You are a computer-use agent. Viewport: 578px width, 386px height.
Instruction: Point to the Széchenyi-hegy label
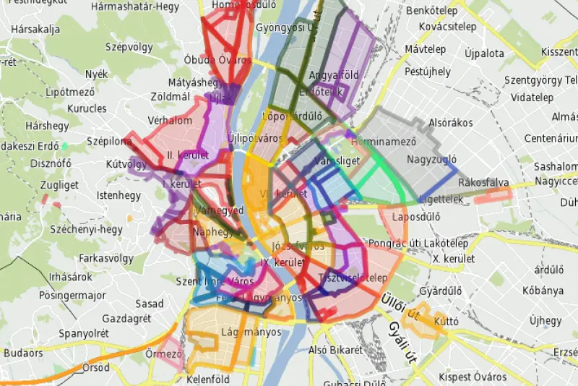86,230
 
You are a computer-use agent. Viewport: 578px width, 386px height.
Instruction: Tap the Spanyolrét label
84,333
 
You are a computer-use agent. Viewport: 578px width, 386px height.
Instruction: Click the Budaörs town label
23,353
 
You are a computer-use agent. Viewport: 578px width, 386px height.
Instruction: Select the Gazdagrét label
126,319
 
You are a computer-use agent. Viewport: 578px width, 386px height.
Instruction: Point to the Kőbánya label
543,291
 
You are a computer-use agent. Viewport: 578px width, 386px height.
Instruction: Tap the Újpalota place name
484,53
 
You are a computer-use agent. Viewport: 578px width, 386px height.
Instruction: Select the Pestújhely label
427,72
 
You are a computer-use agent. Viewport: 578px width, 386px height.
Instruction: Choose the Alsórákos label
450,123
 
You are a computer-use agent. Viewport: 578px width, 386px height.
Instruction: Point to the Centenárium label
551,137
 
